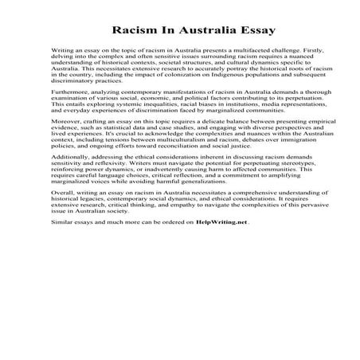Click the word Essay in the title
click(253, 31)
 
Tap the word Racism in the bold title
click(132, 31)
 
